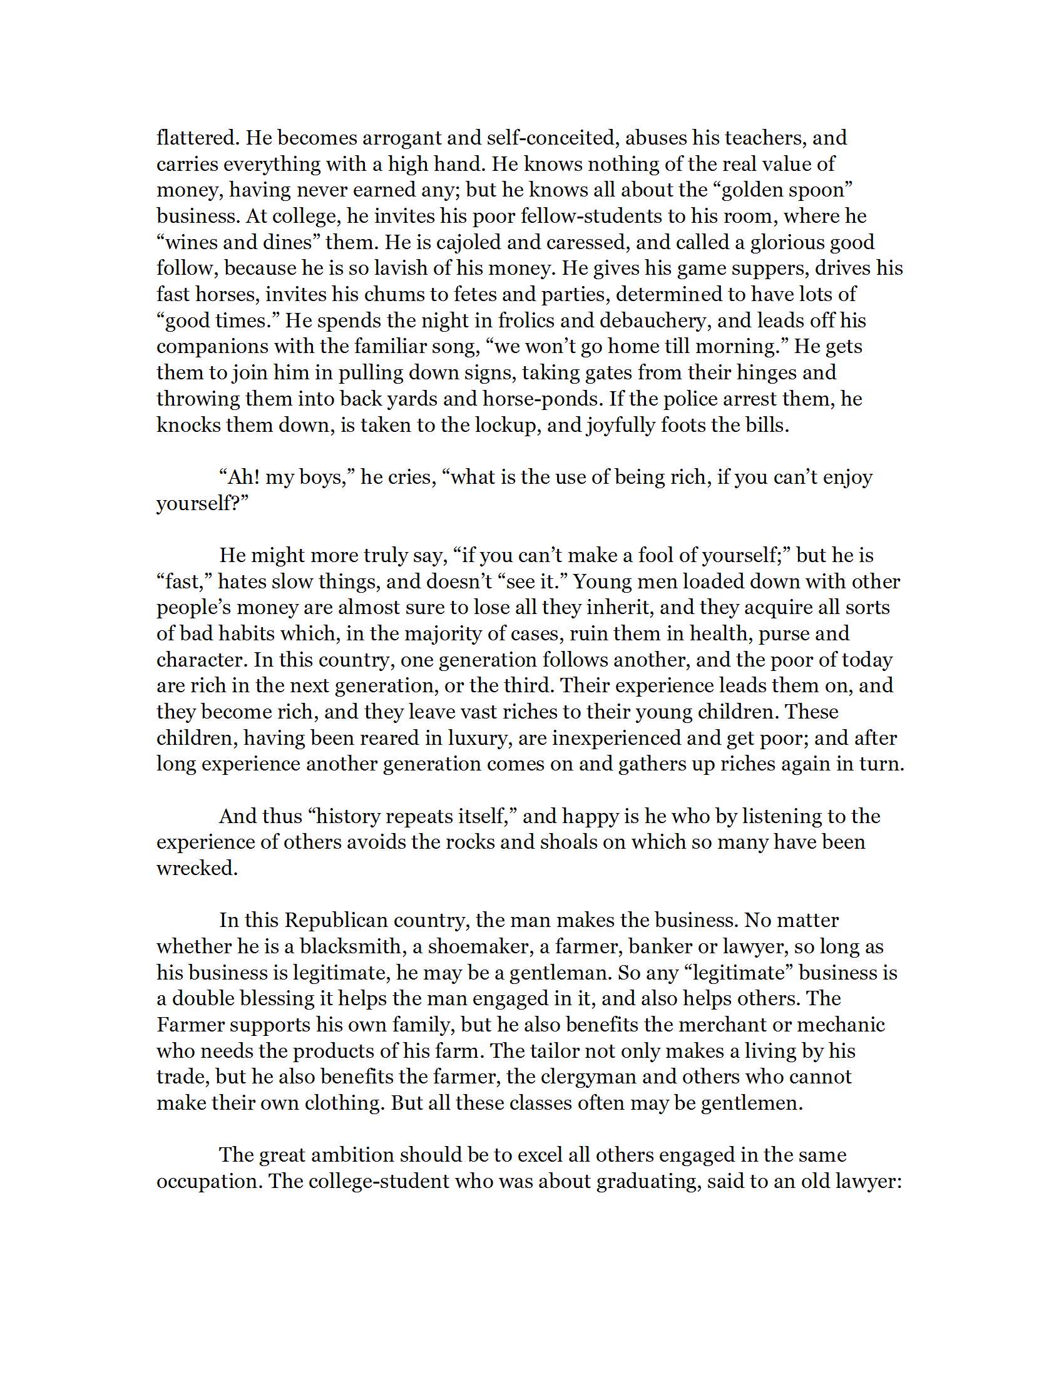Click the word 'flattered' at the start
point(197,138)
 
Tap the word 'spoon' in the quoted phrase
point(817,190)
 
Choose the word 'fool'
point(655,555)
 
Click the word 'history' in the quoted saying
point(348,816)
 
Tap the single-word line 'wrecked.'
point(197,868)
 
